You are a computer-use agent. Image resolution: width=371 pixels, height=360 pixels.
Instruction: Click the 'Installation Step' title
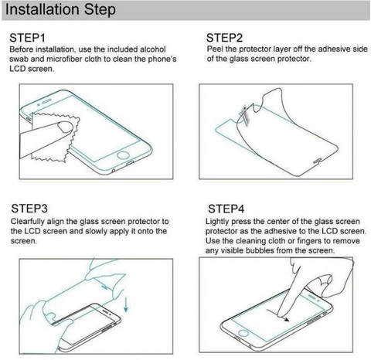click(x=60, y=9)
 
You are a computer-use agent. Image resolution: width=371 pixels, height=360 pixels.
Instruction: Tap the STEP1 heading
click(x=27, y=38)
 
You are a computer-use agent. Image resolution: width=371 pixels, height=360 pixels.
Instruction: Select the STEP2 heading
click(x=224, y=38)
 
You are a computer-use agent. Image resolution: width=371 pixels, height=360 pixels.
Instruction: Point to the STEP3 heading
click(x=29, y=209)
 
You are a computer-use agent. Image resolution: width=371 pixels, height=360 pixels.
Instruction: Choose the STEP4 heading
click(x=226, y=209)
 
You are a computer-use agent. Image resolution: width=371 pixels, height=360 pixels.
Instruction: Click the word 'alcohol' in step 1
click(x=153, y=49)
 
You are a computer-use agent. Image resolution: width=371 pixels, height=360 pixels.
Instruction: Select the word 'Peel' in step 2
click(x=215, y=49)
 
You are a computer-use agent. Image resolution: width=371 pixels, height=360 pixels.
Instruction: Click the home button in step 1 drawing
click(x=123, y=155)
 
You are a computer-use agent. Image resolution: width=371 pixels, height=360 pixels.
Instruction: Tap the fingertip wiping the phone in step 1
click(x=66, y=127)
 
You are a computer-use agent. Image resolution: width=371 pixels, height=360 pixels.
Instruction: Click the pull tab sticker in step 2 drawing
click(x=245, y=116)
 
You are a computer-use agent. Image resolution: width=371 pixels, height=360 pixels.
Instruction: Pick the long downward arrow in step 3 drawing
click(x=126, y=304)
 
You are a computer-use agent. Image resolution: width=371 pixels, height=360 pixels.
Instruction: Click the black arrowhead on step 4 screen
click(x=286, y=320)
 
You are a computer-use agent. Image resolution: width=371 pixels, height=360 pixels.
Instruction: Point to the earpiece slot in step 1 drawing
click(x=46, y=101)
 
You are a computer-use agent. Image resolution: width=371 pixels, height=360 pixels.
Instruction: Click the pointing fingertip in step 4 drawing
click(x=281, y=313)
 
